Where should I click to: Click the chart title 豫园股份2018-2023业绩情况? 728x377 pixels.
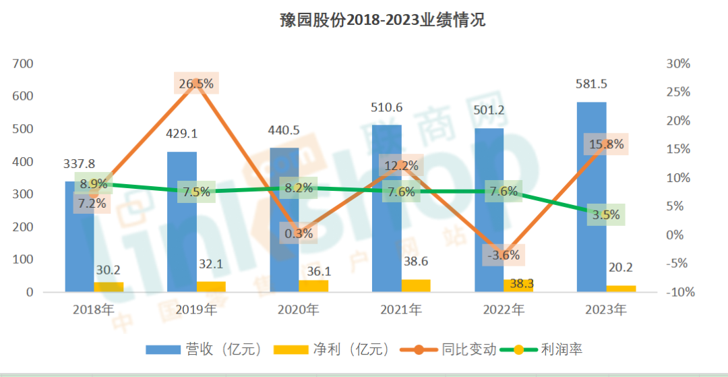coord(382,20)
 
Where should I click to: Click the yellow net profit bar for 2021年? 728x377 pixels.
coord(416,286)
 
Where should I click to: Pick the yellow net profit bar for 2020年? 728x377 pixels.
coord(313,286)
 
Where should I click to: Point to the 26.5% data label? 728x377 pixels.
coord(196,84)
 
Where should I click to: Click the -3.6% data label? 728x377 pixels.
coord(503,256)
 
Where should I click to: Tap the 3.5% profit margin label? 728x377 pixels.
coord(605,215)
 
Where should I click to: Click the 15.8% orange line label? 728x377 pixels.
coord(605,144)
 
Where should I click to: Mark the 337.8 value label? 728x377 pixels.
coord(79,162)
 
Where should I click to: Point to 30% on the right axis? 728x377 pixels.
coord(677,64)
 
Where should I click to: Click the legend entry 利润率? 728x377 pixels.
coord(564,349)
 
